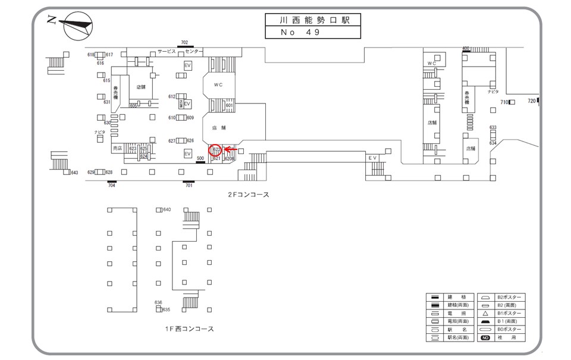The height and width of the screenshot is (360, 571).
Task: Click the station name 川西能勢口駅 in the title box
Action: pyautogui.click(x=313, y=20)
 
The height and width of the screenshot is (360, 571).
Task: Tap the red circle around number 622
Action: pyautogui.click(x=217, y=149)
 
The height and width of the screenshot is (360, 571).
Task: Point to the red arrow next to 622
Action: pyautogui.click(x=231, y=149)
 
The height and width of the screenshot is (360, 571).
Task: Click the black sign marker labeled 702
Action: pyautogui.click(x=184, y=46)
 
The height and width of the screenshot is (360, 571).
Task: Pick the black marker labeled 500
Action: pyautogui.click(x=200, y=162)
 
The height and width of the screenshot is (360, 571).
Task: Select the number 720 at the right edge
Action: pyautogui.click(x=531, y=102)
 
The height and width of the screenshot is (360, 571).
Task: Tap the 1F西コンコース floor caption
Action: pyautogui.click(x=190, y=328)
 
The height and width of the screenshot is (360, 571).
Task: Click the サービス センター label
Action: pyautogui.click(x=180, y=52)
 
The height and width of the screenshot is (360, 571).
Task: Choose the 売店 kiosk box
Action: pyautogui.click(x=117, y=148)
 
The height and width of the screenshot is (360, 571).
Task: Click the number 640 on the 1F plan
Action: pyautogui.click(x=167, y=209)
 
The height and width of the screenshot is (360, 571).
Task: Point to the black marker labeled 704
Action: pyautogui.click(x=111, y=181)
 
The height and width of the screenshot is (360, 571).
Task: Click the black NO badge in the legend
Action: pyautogui.click(x=485, y=337)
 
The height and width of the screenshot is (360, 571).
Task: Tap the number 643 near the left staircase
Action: pyautogui.click(x=74, y=173)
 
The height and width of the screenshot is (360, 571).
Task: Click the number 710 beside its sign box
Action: pyautogui.click(x=503, y=102)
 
